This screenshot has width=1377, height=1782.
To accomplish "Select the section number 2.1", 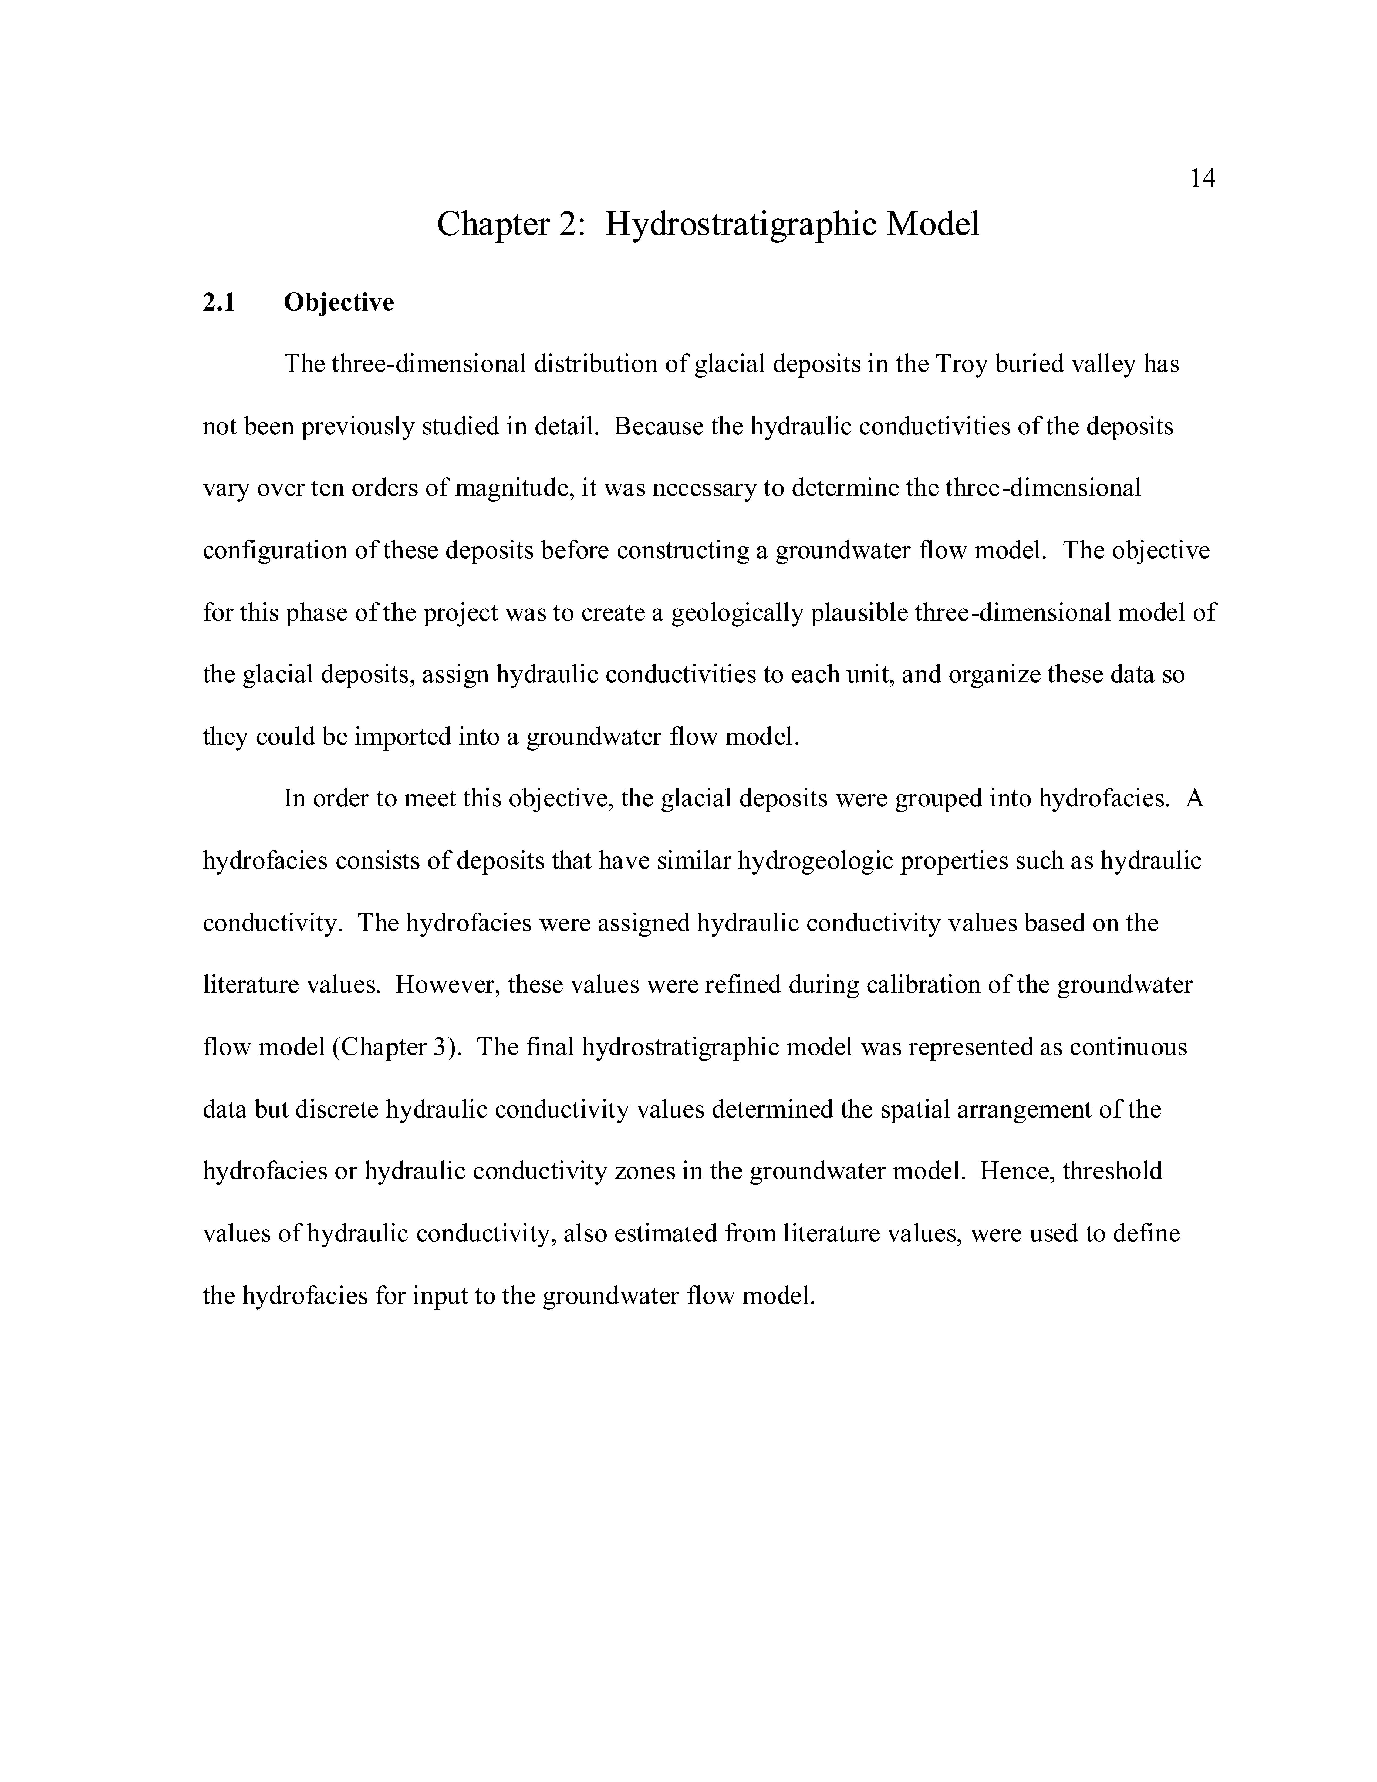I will coord(219,303).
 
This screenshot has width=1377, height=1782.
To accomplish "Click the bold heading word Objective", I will coord(339,303).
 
